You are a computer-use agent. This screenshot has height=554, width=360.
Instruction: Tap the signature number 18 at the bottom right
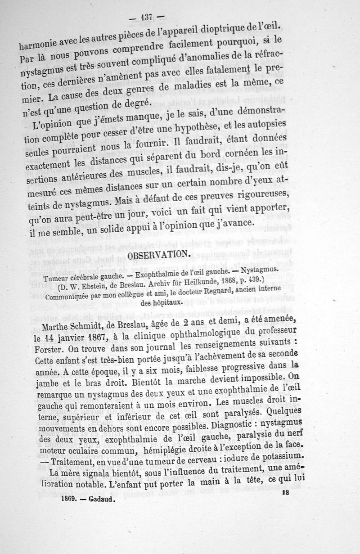(284, 493)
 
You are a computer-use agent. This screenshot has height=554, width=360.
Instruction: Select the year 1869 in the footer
(70, 499)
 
